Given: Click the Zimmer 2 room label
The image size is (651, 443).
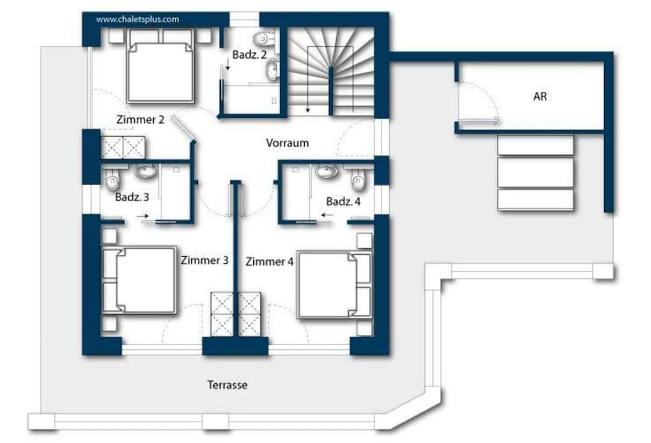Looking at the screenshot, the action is pos(141,120).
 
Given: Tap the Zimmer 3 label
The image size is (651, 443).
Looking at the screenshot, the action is pos(204,261).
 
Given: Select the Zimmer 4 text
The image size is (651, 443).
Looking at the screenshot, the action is pos(270,262).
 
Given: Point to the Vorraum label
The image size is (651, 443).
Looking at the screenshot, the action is pos(287,143).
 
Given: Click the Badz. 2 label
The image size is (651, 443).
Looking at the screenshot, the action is pos(249,55).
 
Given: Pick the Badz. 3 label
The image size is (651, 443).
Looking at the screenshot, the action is pos(132,197).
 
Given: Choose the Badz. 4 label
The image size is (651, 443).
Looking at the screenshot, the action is pos(343,201).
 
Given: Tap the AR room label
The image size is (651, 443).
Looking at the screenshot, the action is pos(540,96).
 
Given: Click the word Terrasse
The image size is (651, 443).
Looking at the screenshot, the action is pos(227,385).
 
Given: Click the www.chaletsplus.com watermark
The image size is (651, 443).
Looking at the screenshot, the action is pos(137,19).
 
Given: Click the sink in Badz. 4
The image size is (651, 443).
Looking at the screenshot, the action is pos(327,171).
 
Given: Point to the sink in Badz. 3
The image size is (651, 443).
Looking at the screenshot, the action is pos(145,171).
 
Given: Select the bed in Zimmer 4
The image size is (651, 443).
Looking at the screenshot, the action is pos(334,285).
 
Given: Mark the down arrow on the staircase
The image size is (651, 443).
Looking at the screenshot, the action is pos(308,79).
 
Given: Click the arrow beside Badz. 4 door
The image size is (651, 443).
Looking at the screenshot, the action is pos(327,215).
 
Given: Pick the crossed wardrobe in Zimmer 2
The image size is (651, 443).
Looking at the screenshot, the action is pos(123,147).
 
